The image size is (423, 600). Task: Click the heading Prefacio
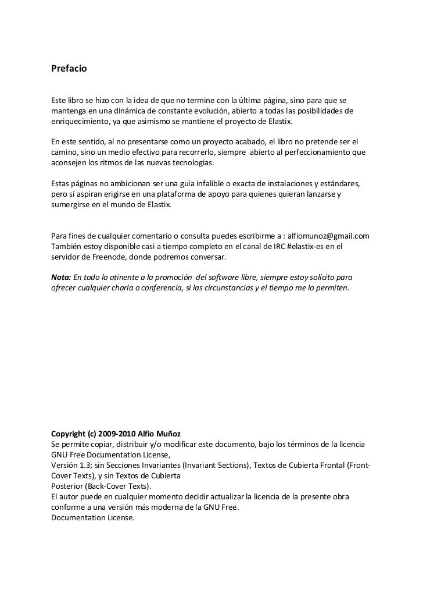pyautogui.click(x=69, y=69)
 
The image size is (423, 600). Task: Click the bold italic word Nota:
pyautogui.click(x=61, y=276)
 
